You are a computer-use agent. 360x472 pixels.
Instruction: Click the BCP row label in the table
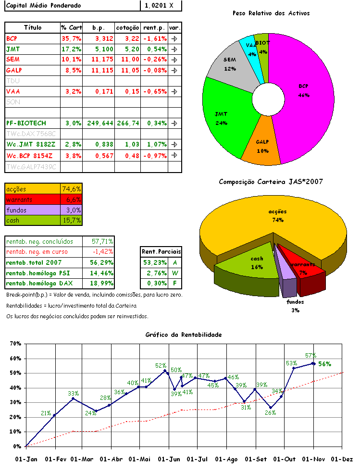(12, 38)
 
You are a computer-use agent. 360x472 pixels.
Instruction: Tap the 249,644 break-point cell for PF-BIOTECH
(100, 123)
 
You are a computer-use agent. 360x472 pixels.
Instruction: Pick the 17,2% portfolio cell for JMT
(71, 49)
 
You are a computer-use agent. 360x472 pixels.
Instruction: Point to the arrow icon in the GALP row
(175, 70)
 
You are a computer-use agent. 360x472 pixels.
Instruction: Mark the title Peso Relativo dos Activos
(271, 13)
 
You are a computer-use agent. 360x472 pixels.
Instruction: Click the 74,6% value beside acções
(72, 189)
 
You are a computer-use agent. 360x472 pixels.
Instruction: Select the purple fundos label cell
(32, 210)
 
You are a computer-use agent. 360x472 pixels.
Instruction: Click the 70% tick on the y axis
(16, 344)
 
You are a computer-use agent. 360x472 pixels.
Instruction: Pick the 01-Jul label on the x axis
(197, 459)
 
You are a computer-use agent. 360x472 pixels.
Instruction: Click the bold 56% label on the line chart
(325, 364)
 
